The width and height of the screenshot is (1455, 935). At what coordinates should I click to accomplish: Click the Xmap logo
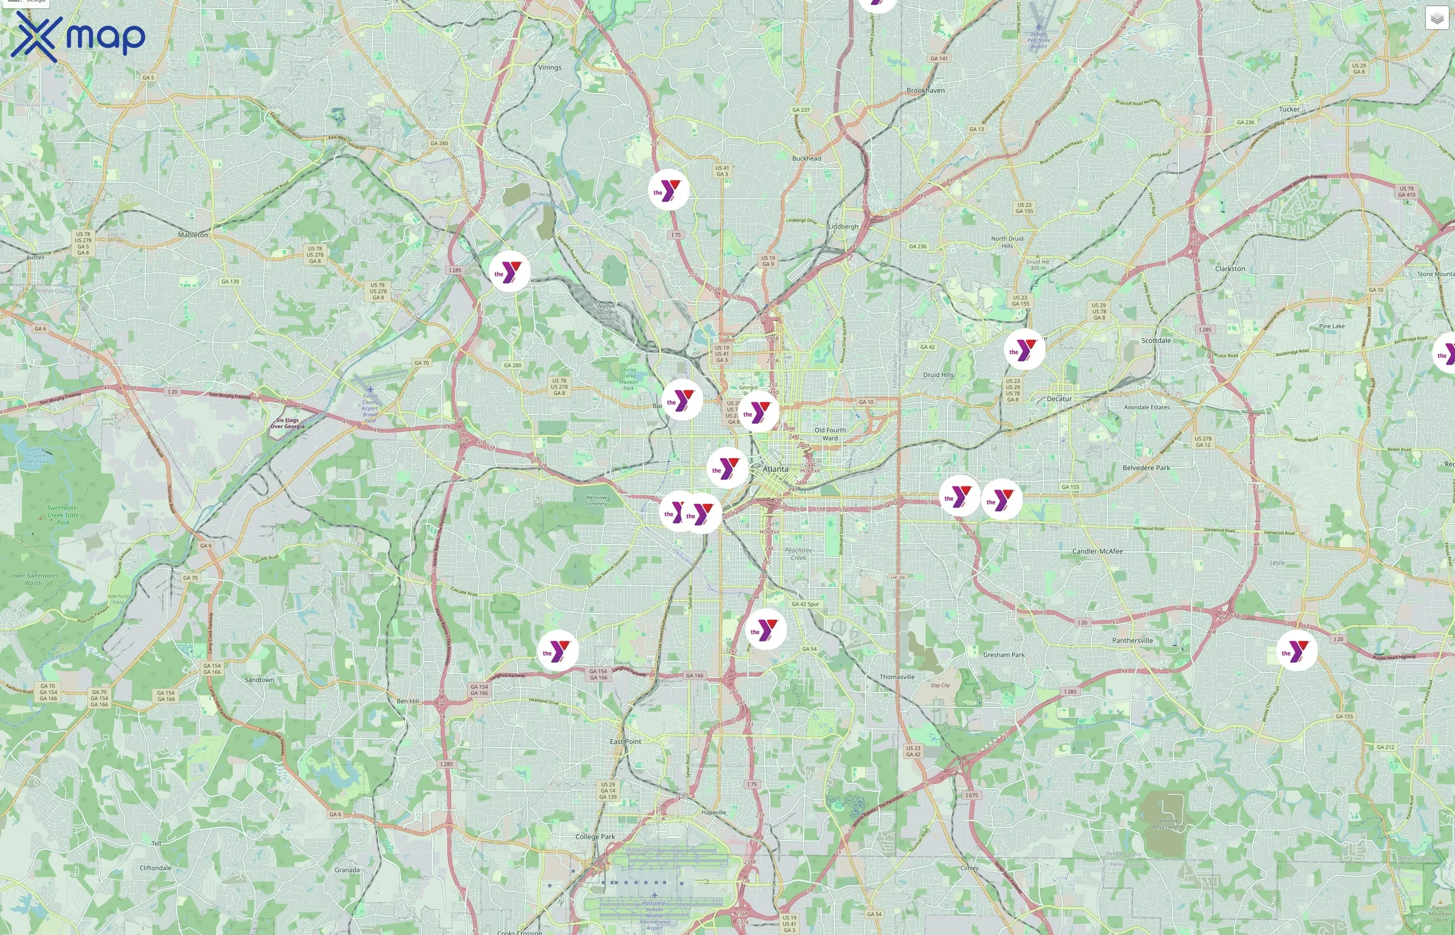pos(78,36)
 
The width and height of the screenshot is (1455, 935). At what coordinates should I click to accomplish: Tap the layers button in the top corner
pos(1436,18)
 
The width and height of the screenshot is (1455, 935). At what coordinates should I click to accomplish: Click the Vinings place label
pos(550,68)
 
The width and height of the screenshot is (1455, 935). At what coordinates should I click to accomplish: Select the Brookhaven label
pos(925,90)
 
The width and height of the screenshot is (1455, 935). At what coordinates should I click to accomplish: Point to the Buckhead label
pos(806,158)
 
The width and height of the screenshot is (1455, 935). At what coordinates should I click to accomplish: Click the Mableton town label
pos(193,235)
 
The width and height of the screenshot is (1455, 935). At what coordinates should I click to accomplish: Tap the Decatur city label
pos(1059,399)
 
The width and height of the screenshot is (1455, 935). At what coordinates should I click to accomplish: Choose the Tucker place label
pos(1289,109)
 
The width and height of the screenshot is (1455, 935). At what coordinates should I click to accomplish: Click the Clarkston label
pos(1229,269)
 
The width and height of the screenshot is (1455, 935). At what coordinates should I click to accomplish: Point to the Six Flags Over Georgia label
pos(287,423)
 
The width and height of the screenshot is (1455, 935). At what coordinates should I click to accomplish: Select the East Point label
pos(626,741)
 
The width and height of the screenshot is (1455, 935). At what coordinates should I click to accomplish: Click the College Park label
pos(595,837)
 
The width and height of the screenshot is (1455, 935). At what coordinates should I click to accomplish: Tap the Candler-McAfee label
pos(1097,551)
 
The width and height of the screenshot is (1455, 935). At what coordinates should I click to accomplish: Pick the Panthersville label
pos(1132,640)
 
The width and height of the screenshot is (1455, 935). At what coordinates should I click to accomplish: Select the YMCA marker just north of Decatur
pos(1024,350)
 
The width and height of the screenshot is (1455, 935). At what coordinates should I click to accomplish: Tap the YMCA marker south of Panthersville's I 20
pos(1297,651)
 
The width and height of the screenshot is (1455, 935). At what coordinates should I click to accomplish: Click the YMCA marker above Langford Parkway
pos(558,651)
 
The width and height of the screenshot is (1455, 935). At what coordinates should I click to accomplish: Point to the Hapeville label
pos(713,812)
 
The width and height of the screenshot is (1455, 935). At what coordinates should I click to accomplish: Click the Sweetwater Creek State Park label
pos(63,515)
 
